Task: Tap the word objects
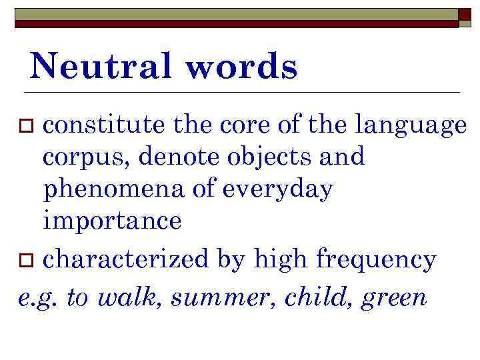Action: click(265, 157)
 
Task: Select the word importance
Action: click(112, 221)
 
